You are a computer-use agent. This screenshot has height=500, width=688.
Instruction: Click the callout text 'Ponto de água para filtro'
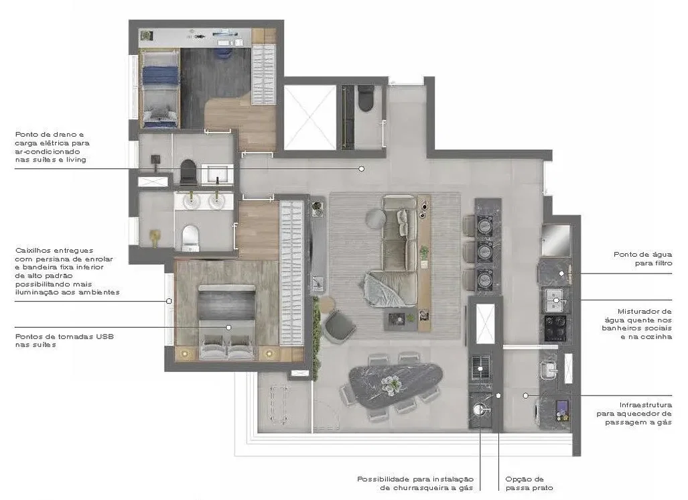click(642, 259)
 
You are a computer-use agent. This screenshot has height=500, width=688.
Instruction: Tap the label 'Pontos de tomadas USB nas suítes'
click(64, 340)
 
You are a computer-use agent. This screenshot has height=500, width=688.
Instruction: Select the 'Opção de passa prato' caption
click(529, 483)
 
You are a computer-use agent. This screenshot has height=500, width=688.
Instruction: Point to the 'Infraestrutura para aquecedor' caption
click(634, 414)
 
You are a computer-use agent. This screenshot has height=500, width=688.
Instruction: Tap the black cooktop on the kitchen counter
click(555, 328)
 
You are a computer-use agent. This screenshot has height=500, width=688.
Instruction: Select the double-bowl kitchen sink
click(555, 300)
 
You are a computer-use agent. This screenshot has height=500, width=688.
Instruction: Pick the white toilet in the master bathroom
click(190, 237)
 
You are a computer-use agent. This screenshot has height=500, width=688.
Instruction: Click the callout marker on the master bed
click(228, 328)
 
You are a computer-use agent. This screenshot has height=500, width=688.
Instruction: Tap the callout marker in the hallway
click(361, 169)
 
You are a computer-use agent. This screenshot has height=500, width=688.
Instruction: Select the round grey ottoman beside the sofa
click(375, 218)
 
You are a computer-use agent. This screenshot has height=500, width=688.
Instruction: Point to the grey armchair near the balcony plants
click(340, 326)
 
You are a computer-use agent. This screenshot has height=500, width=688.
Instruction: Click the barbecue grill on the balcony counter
click(481, 368)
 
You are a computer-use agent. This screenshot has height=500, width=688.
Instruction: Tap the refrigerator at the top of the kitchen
click(555, 240)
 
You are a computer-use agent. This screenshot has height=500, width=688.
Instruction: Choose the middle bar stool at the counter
click(469, 251)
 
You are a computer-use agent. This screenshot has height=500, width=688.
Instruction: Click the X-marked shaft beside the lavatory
click(310, 117)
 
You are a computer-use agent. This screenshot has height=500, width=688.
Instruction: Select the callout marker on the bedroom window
click(169, 301)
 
